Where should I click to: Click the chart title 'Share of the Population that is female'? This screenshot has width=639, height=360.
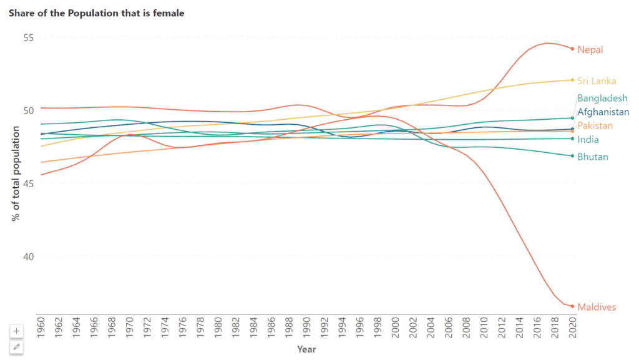[97, 12]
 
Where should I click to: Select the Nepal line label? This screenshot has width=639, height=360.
[590, 50]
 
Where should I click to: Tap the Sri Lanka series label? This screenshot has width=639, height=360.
[597, 81]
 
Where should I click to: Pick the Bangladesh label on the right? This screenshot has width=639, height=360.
[602, 99]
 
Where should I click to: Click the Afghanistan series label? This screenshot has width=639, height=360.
[603, 112]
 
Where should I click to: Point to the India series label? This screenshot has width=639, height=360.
[588, 140]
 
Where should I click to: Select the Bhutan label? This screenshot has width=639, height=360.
[592, 157]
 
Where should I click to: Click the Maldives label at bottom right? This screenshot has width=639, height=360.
[597, 307]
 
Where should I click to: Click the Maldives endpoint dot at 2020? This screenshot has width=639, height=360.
[572, 306]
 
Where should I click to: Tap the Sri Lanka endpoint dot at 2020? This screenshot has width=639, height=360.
[572, 80]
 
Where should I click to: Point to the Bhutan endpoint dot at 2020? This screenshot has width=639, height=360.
[572, 156]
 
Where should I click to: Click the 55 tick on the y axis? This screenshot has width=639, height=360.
[27, 37]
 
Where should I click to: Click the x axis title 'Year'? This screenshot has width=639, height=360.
[306, 349]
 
